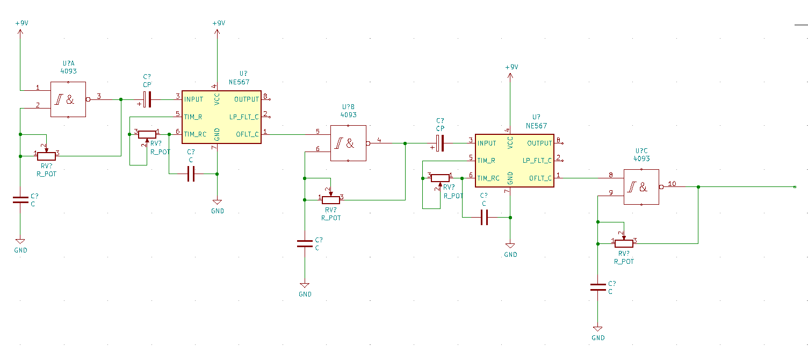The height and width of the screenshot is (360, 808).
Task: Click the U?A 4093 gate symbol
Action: [68, 99]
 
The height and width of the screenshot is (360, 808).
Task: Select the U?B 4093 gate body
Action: [349, 143]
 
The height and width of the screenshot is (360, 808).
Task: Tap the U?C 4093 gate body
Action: [641, 187]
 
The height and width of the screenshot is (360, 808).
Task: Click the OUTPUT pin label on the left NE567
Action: [247, 99]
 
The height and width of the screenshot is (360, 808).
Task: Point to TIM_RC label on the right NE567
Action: [488, 178]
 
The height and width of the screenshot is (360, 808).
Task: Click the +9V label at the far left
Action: [21, 23]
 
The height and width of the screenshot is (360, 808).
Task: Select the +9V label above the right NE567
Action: [511, 67]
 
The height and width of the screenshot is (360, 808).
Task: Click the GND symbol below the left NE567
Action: [217, 202]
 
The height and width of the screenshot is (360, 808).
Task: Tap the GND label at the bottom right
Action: [598, 338]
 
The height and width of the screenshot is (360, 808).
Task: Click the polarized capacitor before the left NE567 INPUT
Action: [147, 99]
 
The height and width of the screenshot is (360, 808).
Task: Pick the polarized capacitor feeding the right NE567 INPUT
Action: [440, 143]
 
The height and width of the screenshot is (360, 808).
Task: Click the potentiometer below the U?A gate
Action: [47, 156]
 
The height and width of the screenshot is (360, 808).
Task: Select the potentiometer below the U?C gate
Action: [624, 243]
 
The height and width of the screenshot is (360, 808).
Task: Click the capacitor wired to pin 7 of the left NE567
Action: [191, 174]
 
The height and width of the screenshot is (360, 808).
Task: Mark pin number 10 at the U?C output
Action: [672, 184]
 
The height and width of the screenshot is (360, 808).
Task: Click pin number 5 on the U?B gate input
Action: [318, 131]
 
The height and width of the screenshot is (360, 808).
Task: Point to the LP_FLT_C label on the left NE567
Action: [244, 117]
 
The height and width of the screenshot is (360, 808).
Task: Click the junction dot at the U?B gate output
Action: [405, 143]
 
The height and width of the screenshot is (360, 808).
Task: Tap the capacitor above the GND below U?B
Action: [305, 244]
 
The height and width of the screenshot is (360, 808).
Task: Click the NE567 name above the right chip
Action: [536, 126]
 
